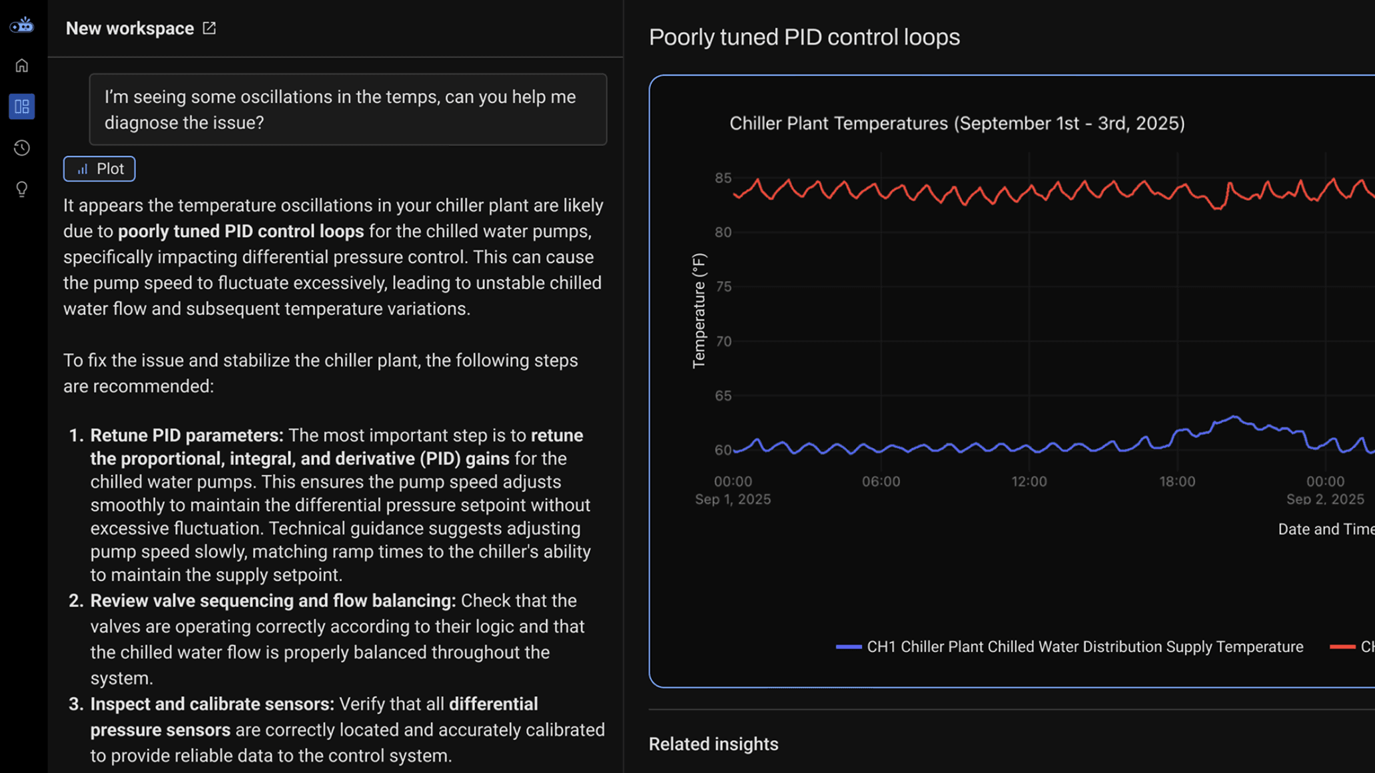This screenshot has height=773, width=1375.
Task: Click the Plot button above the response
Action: (x=99, y=169)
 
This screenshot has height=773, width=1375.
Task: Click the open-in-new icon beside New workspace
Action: (x=209, y=28)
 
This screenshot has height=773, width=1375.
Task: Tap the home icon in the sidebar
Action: (x=22, y=65)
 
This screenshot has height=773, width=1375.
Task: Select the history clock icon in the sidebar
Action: (x=22, y=148)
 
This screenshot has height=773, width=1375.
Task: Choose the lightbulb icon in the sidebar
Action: (x=22, y=190)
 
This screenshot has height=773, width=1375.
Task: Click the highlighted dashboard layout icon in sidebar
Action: (x=22, y=107)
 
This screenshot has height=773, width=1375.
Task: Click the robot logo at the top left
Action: (x=22, y=25)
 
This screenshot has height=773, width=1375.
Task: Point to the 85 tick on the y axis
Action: (x=723, y=178)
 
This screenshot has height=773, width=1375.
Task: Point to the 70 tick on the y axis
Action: (x=723, y=342)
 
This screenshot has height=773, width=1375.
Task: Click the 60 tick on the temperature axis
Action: (x=723, y=450)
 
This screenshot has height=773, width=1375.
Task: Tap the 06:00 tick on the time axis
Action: (x=881, y=481)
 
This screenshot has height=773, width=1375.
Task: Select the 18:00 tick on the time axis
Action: (x=1176, y=481)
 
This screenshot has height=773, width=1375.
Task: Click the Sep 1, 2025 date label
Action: (x=733, y=499)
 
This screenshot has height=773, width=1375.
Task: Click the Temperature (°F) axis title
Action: (x=699, y=310)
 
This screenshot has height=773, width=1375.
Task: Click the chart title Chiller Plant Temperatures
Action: (x=957, y=123)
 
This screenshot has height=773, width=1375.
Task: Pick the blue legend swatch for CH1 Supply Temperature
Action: (x=849, y=646)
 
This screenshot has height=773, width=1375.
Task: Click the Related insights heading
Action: (x=713, y=744)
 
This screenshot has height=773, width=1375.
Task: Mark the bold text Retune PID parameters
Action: (x=187, y=435)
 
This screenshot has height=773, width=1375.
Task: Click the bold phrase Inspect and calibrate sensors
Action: (x=212, y=704)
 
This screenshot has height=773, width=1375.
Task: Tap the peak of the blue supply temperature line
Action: (x=1234, y=417)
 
